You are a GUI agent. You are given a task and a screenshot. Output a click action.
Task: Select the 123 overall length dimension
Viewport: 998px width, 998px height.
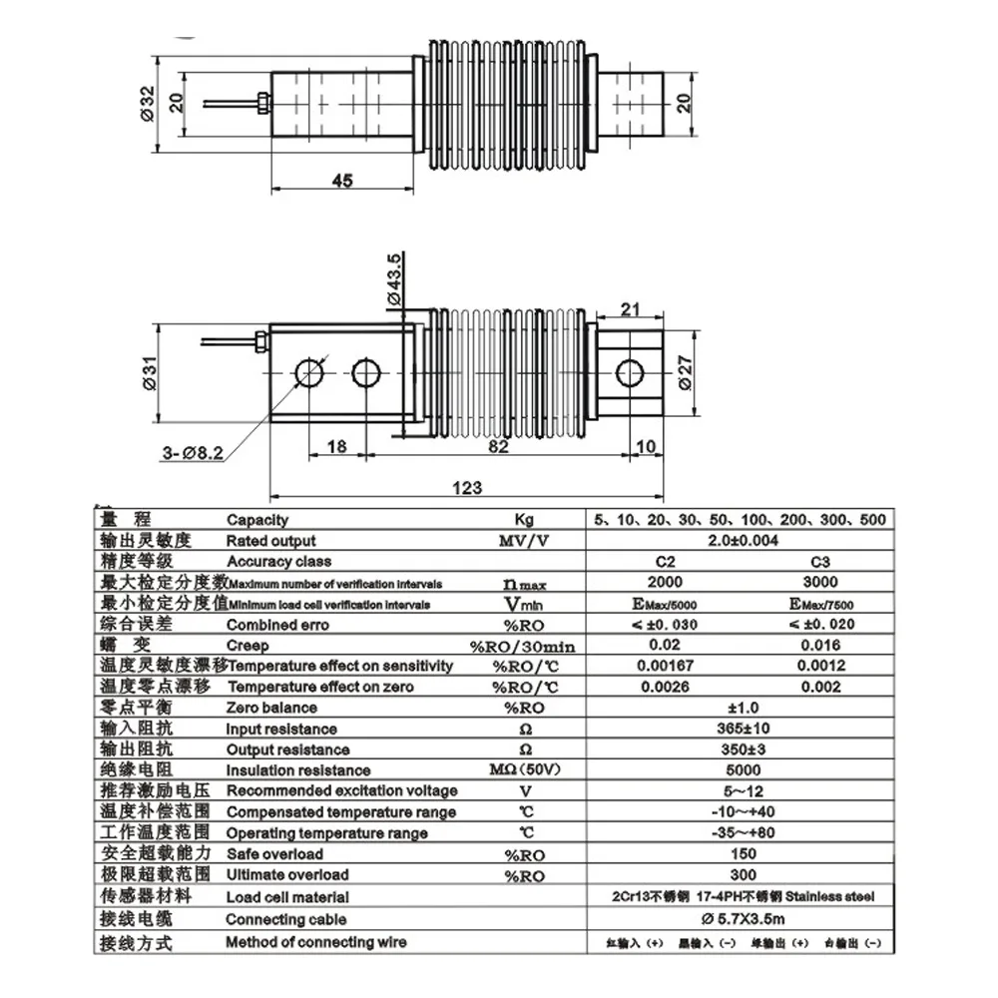point(466,488)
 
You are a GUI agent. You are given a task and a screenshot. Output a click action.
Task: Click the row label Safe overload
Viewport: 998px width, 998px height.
point(274,853)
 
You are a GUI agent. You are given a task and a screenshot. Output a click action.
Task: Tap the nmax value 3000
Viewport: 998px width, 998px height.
point(820,582)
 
